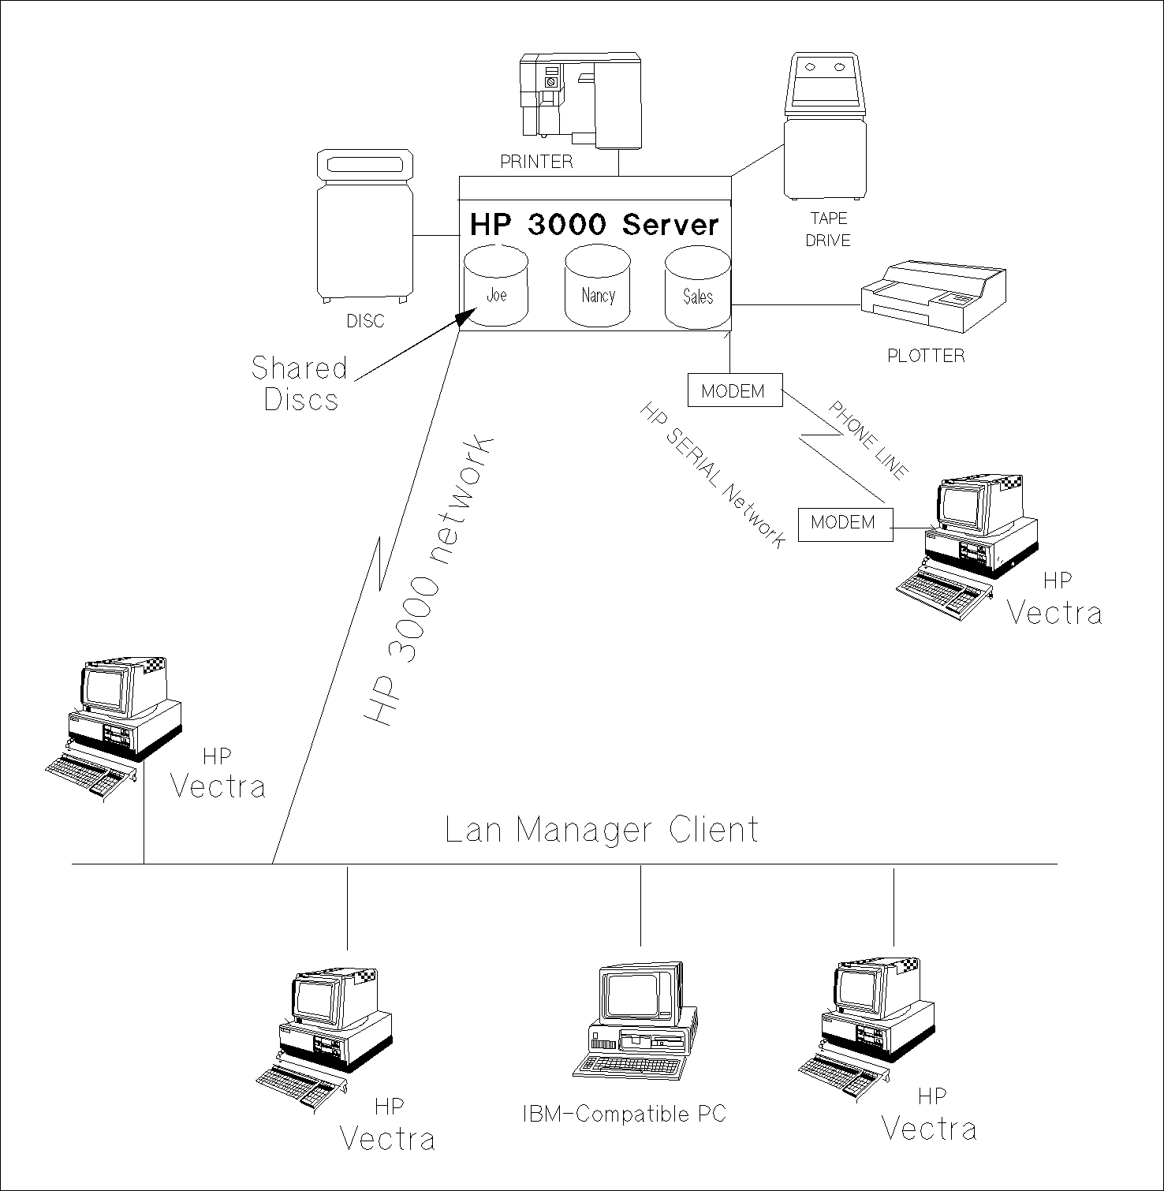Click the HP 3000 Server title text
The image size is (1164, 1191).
point(595,224)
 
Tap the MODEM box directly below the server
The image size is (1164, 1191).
point(734,390)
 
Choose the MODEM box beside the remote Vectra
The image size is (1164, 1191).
point(845,522)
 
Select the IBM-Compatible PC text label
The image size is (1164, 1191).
point(624,1114)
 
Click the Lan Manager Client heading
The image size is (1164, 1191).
point(601,830)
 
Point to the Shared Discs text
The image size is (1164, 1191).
point(300,383)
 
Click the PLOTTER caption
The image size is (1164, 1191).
point(926,356)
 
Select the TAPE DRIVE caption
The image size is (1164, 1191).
point(828,230)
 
